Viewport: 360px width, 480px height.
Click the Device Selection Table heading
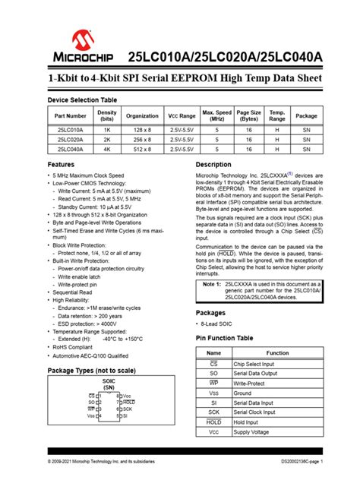[x=82, y=100]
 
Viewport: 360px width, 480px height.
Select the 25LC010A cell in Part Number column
[x=70, y=131]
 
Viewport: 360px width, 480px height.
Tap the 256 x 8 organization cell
[x=143, y=140]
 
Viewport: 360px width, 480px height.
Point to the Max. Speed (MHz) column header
[x=217, y=115]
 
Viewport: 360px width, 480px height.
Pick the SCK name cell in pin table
[x=214, y=412]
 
